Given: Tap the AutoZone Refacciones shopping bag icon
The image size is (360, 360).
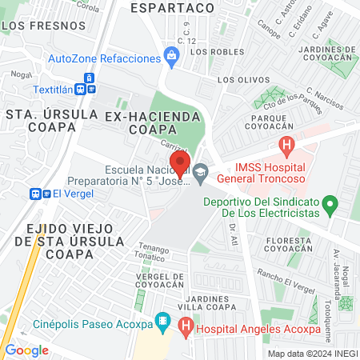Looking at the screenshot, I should (170, 56).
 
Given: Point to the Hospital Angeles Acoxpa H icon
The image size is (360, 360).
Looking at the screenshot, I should (186, 326).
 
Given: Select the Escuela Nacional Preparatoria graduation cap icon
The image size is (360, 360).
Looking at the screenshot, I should (201, 170).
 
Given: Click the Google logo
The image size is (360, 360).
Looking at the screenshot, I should (26, 350).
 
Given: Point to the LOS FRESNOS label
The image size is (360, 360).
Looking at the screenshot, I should (34, 25).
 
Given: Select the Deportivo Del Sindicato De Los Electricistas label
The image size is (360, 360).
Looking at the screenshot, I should (267, 207).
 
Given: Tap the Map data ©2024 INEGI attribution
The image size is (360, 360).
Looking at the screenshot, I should (313, 353).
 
